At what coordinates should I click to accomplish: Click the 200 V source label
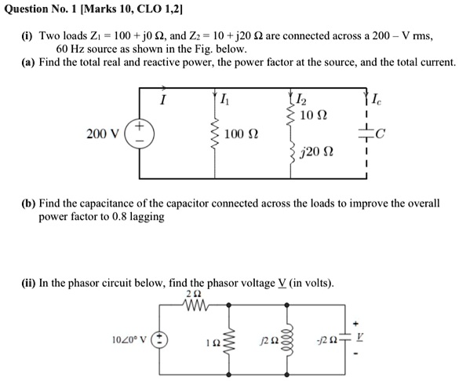[x=102, y=134]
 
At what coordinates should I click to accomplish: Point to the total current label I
[x=162, y=100]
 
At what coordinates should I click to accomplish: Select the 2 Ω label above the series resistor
[x=195, y=292]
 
